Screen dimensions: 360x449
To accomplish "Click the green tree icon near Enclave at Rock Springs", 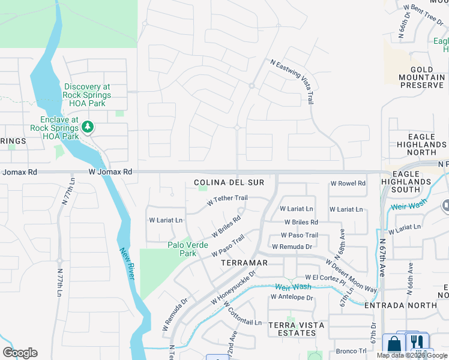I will pos(88,127).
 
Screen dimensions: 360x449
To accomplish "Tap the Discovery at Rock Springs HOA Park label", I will pos(87,95).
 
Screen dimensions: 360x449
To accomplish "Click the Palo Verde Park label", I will pos(188,249).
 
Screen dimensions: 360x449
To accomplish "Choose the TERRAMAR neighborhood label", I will pos(244,263).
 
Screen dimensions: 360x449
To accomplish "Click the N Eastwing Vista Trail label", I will pos(292,81).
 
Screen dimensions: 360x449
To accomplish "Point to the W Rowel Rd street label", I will pos(348,184).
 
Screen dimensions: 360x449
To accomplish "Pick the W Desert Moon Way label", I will pos(351,276).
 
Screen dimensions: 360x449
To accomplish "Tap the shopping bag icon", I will pos(394,344).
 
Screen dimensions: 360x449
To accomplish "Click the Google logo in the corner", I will pos(20,353).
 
